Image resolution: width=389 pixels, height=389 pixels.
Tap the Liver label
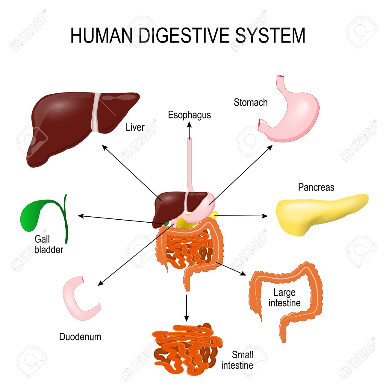coord(135,127)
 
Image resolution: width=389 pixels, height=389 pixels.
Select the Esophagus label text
coord(189,115)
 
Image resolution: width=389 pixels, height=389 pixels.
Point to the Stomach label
coord(251,102)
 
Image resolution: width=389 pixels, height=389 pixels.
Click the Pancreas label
coord(316,187)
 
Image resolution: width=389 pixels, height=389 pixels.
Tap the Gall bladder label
coord(49,244)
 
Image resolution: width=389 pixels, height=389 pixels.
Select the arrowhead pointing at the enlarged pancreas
coord(265,216)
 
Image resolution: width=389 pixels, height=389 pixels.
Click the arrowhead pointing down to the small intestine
coord(187,318)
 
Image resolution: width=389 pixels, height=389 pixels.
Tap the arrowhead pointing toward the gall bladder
coord(81,216)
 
